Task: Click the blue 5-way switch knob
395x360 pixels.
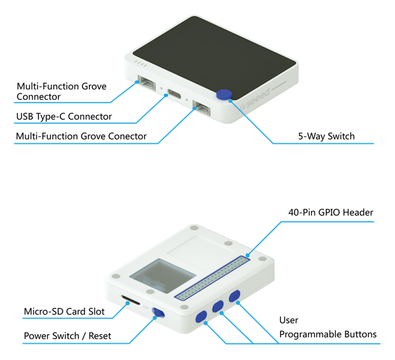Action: (x=225, y=95)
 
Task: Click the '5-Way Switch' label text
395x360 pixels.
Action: (x=326, y=137)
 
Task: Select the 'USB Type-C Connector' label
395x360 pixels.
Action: (x=64, y=117)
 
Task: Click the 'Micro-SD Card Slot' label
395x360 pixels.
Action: (x=64, y=311)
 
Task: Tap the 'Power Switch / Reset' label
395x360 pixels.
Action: (x=67, y=336)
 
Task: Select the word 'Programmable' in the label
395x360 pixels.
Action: (x=309, y=334)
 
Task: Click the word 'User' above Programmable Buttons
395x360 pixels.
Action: (x=289, y=320)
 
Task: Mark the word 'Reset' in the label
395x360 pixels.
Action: (x=97, y=336)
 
